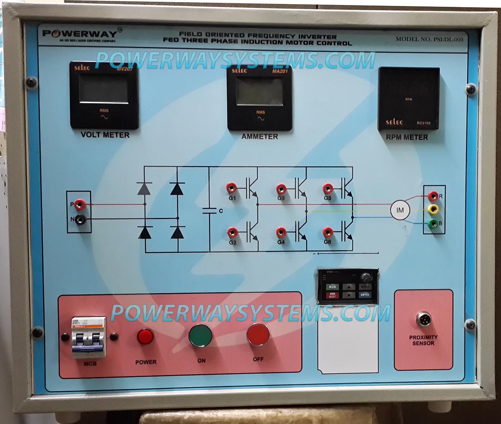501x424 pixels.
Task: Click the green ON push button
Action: pyautogui.click(x=200, y=335)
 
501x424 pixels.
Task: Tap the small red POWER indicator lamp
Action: pyautogui.click(x=145, y=336)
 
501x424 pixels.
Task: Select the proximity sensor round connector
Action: pyautogui.click(x=423, y=320)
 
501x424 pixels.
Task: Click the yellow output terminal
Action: pyautogui.click(x=434, y=208)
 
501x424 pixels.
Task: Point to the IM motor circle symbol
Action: pyautogui.click(x=400, y=210)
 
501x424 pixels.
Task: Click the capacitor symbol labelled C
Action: pyautogui.click(x=209, y=210)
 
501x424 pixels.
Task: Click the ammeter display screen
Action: pyautogui.click(x=259, y=91)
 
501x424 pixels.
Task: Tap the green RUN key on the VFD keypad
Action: pyautogui.click(x=332, y=287)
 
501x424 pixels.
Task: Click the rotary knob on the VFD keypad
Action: pyautogui.click(x=366, y=277)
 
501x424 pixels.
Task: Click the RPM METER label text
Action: pyautogui.click(x=407, y=137)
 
